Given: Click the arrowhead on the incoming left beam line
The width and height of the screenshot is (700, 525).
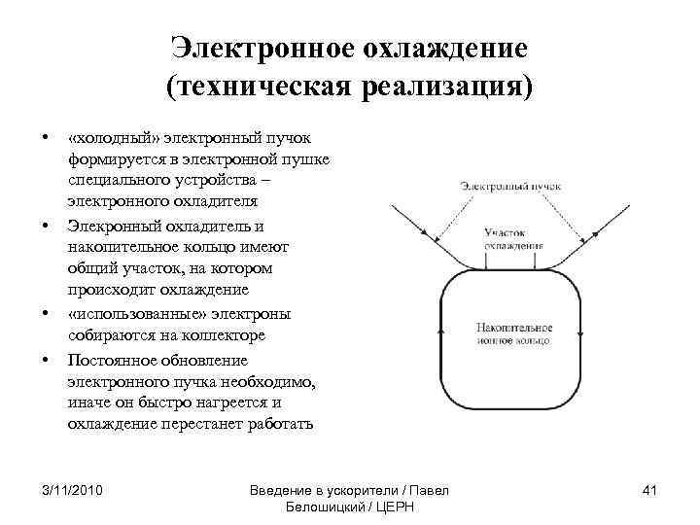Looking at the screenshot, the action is pos(425,232).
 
